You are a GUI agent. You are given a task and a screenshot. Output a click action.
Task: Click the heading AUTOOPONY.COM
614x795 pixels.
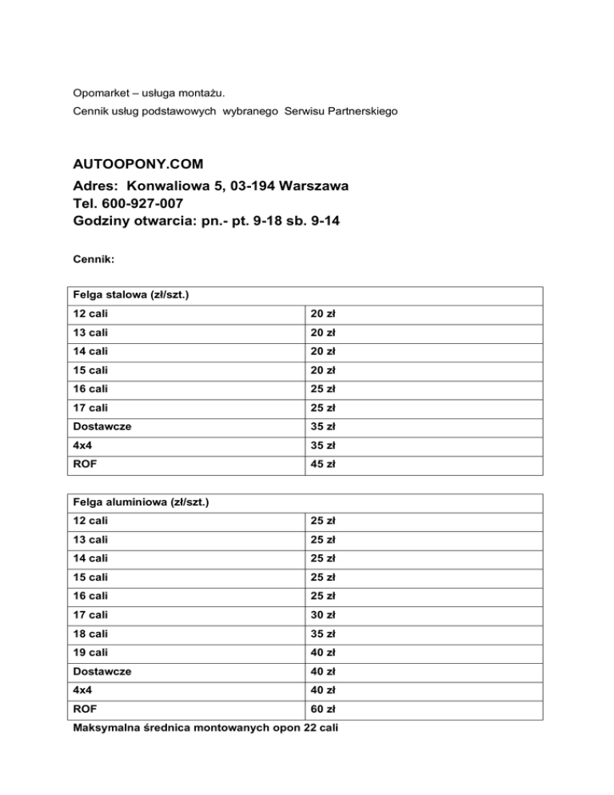(138, 164)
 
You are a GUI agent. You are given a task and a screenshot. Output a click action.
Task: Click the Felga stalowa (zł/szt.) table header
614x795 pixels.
(131, 295)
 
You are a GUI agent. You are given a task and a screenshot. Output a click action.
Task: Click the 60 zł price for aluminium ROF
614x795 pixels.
(324, 708)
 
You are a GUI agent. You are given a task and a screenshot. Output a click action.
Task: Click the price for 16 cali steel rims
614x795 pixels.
(324, 388)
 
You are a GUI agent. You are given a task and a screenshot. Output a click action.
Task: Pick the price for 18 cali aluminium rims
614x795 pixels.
(324, 634)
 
